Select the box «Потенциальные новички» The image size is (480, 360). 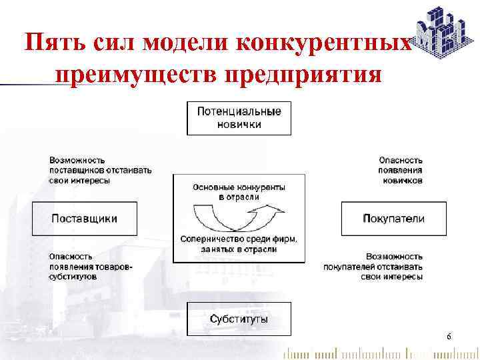coord(239,118)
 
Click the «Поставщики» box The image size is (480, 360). coord(84,219)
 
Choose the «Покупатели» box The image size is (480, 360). coord(393,219)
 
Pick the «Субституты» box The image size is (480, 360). coord(239,319)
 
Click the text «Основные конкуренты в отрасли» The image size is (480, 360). coord(239,192)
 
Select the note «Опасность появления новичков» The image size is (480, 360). coord(400,170)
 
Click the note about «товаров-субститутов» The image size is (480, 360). coord(90,266)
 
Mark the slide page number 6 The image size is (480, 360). coord(449,337)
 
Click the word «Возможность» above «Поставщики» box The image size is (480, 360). coord(77,160)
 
